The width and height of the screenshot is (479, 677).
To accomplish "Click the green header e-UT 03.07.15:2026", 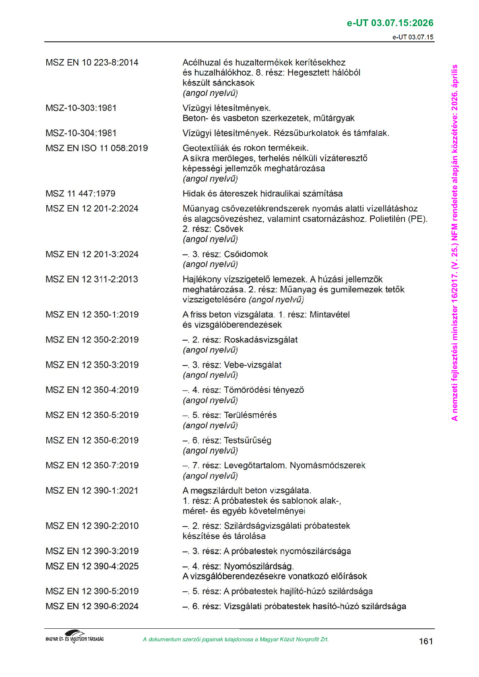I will pos(390,23).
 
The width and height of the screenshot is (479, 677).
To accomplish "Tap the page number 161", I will pos(425,641).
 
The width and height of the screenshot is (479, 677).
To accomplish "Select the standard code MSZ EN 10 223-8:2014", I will pos(92,63).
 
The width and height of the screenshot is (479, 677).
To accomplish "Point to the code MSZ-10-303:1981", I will pos(81,108).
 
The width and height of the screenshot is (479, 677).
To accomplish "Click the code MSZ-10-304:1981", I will pos(81,133).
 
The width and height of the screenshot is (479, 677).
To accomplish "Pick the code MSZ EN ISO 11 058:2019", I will pos(97,148).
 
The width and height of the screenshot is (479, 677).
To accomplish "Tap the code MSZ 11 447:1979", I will pos(80,194).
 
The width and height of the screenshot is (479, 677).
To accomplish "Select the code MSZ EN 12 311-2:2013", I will pos(92,279).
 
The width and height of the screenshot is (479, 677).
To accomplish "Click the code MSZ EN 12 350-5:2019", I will pos(92,415).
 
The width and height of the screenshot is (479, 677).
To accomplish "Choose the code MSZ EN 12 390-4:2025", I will pos(92,566).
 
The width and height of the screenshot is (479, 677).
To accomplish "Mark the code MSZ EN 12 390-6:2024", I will pos(92,606).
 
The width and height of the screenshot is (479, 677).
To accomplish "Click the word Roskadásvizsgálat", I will pos(260,340).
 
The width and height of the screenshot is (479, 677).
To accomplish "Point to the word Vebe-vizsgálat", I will pos(252,365).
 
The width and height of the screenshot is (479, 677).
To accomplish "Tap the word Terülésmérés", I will pos(250,415).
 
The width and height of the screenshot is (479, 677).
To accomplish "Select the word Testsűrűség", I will pos(247,441).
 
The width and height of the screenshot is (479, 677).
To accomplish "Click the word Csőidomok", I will pos(246,254).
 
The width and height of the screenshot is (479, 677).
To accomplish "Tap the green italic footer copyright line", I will pos(235,640).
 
